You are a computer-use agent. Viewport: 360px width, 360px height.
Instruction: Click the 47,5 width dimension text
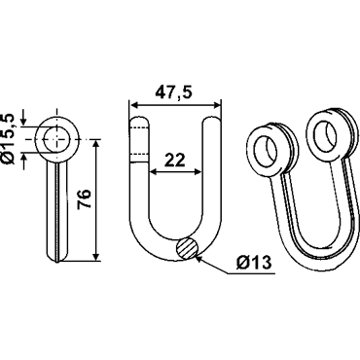click(173, 92)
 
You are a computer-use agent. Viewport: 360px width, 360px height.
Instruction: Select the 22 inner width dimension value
click(174, 160)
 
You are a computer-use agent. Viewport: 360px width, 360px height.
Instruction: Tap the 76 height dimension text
click(84, 199)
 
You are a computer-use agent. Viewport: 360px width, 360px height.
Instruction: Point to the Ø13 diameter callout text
click(254, 262)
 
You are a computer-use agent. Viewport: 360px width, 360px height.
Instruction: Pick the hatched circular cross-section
click(187, 248)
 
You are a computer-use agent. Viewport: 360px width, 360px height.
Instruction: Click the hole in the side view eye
click(56, 139)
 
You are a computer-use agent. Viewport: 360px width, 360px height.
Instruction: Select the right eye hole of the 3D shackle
click(325, 135)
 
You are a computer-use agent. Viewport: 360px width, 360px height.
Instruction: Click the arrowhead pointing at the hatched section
click(199, 259)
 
